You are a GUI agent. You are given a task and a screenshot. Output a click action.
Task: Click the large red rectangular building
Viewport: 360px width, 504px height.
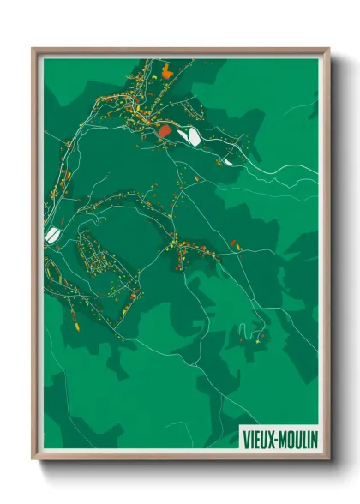click(x=165, y=131)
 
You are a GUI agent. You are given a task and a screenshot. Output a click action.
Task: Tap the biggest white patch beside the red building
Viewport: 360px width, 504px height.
click(x=191, y=135)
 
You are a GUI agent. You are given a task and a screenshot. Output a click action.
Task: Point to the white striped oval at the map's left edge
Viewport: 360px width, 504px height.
click(x=51, y=233)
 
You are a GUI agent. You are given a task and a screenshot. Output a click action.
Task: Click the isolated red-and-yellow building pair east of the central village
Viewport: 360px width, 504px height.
click(x=235, y=246)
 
